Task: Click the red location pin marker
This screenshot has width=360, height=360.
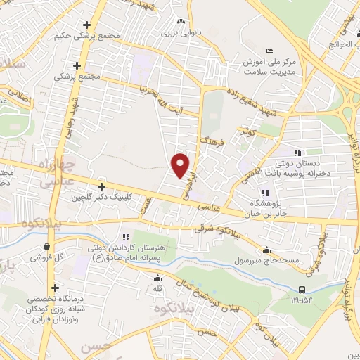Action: pyautogui.click(x=181, y=165)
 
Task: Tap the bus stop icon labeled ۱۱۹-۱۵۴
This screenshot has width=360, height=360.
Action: pyautogui.click(x=302, y=290)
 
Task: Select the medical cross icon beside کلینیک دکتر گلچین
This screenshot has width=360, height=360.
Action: pyautogui.click(x=103, y=187)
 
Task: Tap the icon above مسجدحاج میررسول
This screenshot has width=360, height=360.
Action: pyautogui.click(x=266, y=250)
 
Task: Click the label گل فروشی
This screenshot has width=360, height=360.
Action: pyautogui.click(x=46, y=258)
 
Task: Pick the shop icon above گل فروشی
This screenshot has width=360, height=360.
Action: pyautogui.click(x=46, y=247)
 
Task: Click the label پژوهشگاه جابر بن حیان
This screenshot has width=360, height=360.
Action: pyautogui.click(x=265, y=209)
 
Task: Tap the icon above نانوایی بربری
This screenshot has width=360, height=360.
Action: pyautogui.click(x=181, y=22)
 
